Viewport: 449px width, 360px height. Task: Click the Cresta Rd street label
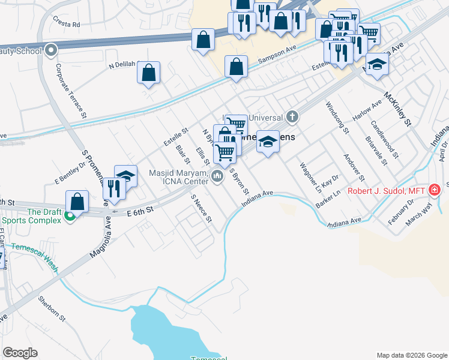click(66, 25)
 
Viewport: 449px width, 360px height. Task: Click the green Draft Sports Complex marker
click(70, 217)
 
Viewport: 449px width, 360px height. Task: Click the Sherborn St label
click(51, 307)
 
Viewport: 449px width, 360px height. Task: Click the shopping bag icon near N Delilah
click(148, 73)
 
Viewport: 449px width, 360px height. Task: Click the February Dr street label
click(400, 212)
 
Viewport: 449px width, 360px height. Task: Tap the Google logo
click(20, 353)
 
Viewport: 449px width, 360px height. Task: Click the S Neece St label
click(201, 208)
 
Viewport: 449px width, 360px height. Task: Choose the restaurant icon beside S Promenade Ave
click(113, 187)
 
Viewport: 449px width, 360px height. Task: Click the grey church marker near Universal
click(292, 116)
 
